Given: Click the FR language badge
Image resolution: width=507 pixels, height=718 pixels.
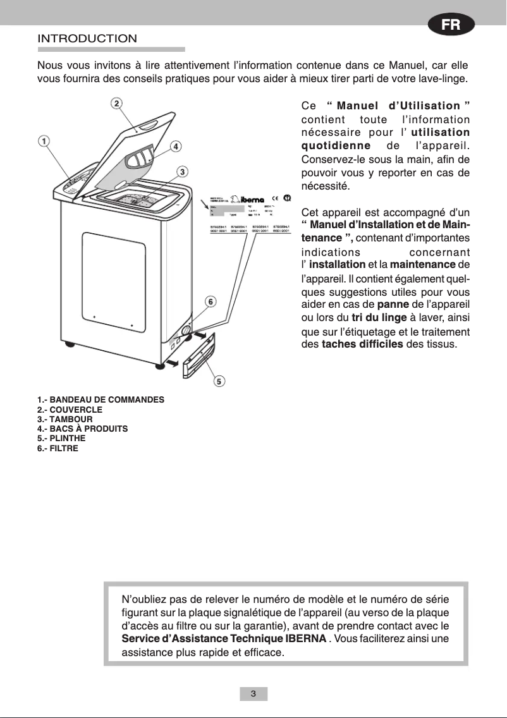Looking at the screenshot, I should click(x=451, y=26).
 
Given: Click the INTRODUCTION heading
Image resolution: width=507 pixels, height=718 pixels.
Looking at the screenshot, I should click(x=87, y=39).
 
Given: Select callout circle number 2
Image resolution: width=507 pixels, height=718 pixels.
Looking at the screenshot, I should click(x=118, y=104).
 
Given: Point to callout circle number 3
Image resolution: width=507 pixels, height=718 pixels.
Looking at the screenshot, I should click(x=181, y=171).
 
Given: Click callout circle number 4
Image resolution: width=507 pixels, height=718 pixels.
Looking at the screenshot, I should click(x=176, y=145).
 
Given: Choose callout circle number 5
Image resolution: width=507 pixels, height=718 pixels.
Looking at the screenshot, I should click(x=219, y=380).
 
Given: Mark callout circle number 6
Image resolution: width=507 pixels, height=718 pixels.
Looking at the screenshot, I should click(x=211, y=301).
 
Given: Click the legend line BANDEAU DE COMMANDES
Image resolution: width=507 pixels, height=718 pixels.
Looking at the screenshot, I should click(x=101, y=400).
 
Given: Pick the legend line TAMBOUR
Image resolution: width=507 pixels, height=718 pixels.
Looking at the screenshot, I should click(x=65, y=419).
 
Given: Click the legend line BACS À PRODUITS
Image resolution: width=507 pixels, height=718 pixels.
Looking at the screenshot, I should click(x=82, y=429).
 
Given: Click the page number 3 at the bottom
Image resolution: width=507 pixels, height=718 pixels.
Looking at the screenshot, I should click(x=253, y=694).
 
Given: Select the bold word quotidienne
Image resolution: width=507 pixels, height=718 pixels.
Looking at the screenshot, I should click(x=336, y=146).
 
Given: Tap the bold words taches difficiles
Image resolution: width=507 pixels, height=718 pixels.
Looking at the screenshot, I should click(x=362, y=344).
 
